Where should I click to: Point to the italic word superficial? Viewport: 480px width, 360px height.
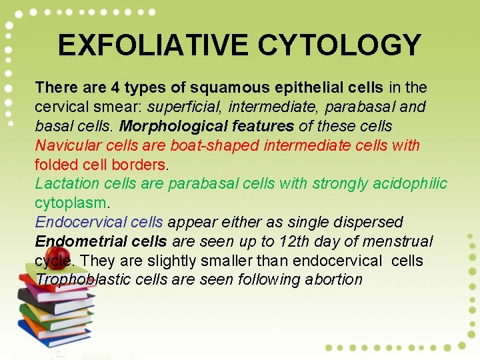177,107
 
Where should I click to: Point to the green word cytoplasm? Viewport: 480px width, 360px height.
71,203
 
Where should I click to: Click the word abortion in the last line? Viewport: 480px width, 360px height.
333,279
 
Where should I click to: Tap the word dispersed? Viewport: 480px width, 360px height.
370,222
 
